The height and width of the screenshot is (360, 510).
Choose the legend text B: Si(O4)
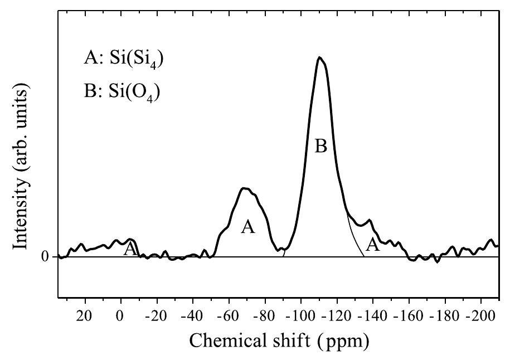pos(123,92)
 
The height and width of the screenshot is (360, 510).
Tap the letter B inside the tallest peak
pos(320,147)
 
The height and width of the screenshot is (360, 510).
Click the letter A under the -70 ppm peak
pos(247,227)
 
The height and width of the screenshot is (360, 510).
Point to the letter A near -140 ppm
pos(372,244)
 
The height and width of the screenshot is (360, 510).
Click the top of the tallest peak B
pos(319,57)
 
